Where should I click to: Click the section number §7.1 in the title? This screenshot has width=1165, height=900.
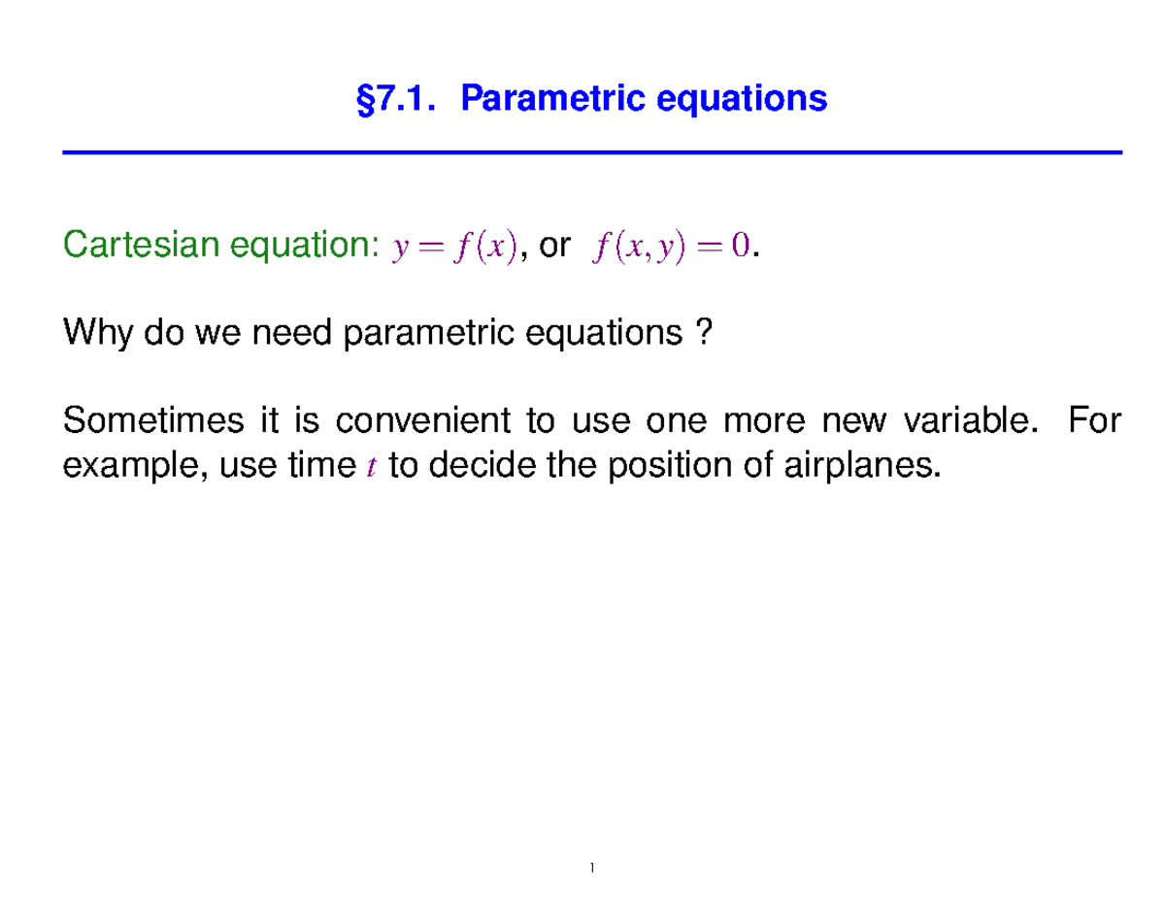pos(397,98)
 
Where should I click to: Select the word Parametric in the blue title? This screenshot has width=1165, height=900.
pos(538,98)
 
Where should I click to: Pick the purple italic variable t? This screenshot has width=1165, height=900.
pos(370,468)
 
